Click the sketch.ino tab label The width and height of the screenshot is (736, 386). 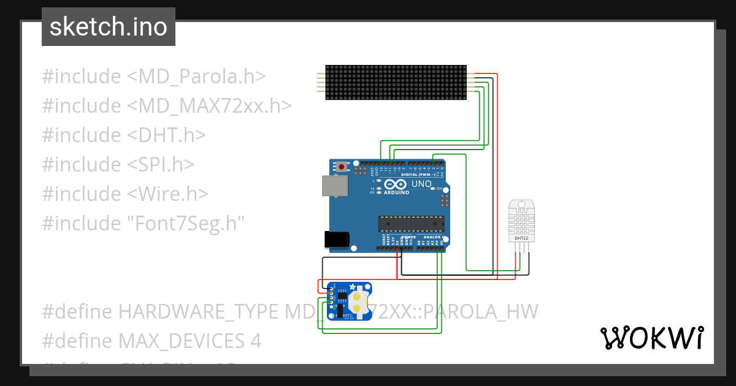pyautogui.click(x=108, y=28)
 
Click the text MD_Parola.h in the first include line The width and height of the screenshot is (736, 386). pyautogui.click(x=196, y=77)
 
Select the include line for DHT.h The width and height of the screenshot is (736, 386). pyautogui.click(x=123, y=135)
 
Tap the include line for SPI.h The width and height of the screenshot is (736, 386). pyautogui.click(x=118, y=164)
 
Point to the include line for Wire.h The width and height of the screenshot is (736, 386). pyautogui.click(x=125, y=194)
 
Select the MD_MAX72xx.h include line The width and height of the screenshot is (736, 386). pyautogui.click(x=166, y=106)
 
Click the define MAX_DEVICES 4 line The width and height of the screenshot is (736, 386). pyautogui.click(x=151, y=341)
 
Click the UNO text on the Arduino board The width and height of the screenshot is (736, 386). pyautogui.click(x=421, y=184)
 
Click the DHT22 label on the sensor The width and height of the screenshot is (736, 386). pyautogui.click(x=521, y=238)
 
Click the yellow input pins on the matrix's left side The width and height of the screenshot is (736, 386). pyautogui.click(x=320, y=83)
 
